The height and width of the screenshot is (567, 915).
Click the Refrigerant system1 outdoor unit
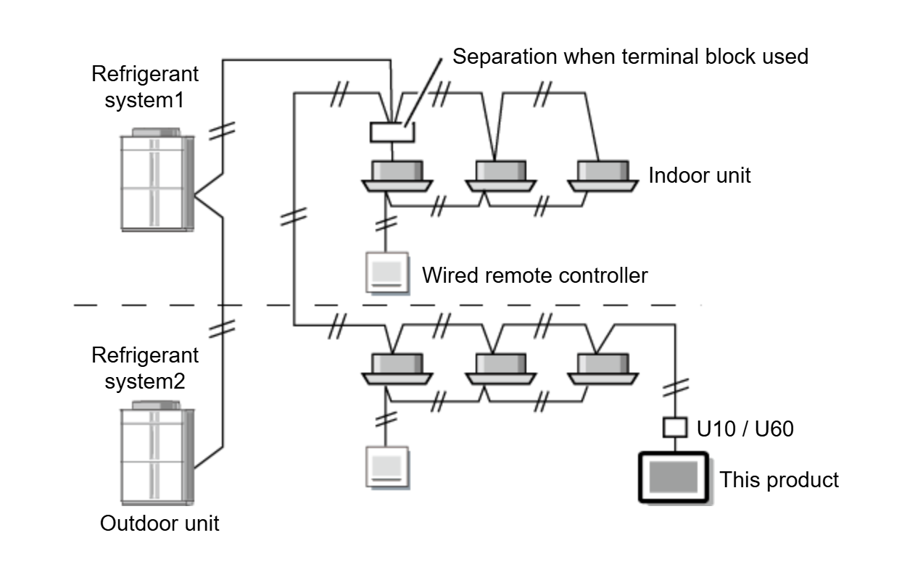[x=157, y=180]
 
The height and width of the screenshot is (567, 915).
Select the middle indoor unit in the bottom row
[x=500, y=368]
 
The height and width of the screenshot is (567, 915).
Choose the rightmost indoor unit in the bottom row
[x=603, y=368]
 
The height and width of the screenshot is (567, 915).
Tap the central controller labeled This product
[x=673, y=478]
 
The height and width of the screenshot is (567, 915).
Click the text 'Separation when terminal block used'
[x=630, y=56]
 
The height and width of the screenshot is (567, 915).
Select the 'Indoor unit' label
[x=699, y=175]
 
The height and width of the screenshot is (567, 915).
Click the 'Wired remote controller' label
[x=534, y=275]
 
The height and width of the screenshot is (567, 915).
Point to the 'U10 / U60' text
[x=745, y=429]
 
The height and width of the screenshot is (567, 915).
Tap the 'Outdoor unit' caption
[x=159, y=523]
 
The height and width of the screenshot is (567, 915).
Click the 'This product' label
[x=779, y=479]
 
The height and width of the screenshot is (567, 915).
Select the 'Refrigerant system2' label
[x=144, y=368]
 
